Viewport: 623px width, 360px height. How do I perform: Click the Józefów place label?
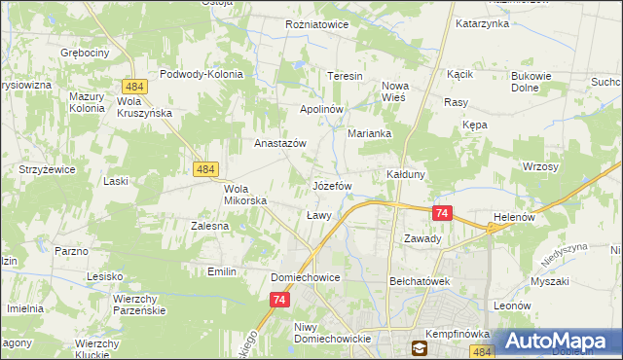click(331, 185)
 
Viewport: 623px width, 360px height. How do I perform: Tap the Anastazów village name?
click(280, 143)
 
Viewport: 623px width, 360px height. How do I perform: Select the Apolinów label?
click(321, 110)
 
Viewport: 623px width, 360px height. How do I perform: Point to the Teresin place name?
click(345, 76)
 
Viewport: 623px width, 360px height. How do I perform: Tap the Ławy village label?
click(319, 215)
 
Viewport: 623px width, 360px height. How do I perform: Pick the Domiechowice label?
click(305, 277)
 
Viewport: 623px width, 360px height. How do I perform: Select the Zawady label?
click(422, 238)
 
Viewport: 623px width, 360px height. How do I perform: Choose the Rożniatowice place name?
click(317, 24)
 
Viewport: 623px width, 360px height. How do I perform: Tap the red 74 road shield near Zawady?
click(442, 213)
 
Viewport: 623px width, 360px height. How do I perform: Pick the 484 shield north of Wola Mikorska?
click(204, 169)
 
